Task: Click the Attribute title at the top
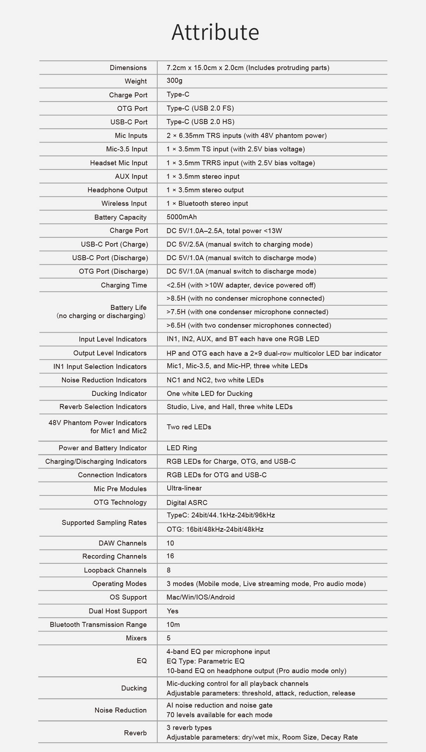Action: [x=215, y=32]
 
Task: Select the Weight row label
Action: [x=135, y=81]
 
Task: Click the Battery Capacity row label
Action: [x=120, y=217]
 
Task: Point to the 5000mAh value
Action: [x=182, y=217]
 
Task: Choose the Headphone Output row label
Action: [x=117, y=190]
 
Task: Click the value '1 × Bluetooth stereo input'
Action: [x=207, y=203]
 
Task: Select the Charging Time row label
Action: [x=124, y=285]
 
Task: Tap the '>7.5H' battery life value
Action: [x=247, y=312]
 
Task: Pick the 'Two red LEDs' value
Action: [x=189, y=427]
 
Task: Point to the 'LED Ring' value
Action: [x=182, y=448]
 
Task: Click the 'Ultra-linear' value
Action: [x=184, y=488]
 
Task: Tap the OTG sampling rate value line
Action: [x=215, y=529]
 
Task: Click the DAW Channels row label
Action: [x=122, y=543]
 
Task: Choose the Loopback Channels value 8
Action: [x=168, y=570]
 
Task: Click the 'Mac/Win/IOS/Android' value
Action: [x=200, y=597]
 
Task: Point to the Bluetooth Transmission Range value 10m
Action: [x=173, y=625]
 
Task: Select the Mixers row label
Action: [x=136, y=638]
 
